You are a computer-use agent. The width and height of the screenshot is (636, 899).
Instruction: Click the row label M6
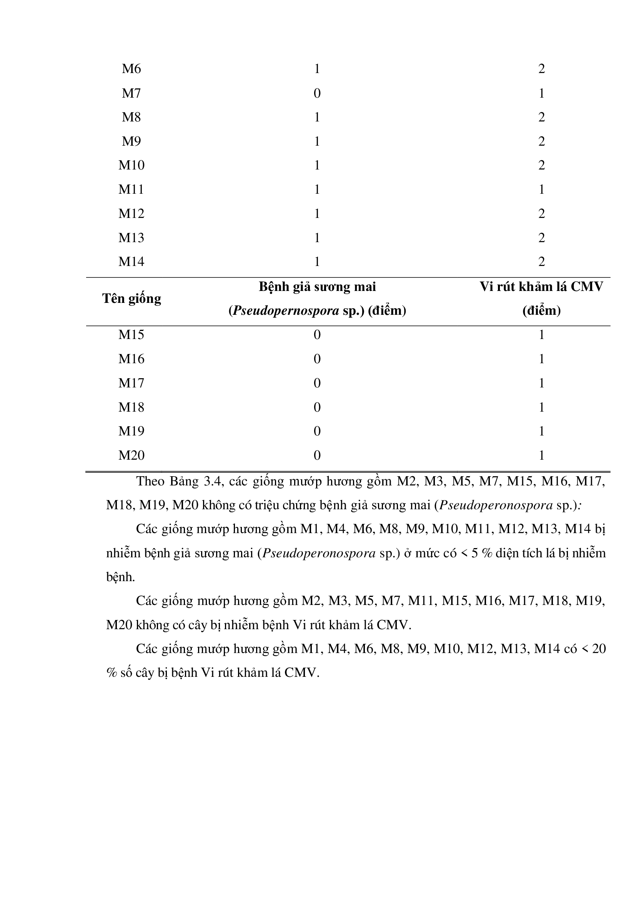click(131, 69)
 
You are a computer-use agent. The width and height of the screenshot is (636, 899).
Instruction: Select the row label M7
click(131, 93)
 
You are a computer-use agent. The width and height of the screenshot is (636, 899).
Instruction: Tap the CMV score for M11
click(541, 189)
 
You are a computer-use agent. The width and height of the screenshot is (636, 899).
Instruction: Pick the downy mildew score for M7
click(317, 93)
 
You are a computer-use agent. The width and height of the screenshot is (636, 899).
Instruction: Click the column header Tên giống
click(132, 299)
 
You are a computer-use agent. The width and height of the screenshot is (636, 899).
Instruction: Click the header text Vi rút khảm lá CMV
click(541, 287)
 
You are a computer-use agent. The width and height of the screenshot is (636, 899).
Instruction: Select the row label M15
click(131, 335)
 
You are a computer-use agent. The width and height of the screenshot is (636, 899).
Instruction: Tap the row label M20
click(131, 455)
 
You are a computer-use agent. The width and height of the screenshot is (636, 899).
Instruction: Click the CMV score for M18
click(541, 407)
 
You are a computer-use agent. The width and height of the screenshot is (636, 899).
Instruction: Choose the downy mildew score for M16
click(317, 359)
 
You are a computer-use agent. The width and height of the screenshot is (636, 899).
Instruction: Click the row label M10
click(131, 165)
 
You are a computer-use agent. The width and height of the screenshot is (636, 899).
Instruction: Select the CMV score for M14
click(541, 262)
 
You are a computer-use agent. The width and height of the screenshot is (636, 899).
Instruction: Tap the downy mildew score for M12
click(317, 214)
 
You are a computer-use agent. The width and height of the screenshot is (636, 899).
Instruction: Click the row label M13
click(131, 238)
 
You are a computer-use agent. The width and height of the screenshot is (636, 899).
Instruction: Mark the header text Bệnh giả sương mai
click(317, 287)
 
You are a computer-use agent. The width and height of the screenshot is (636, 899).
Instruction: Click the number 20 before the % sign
click(599, 649)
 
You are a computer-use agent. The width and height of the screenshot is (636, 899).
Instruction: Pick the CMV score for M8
click(541, 117)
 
